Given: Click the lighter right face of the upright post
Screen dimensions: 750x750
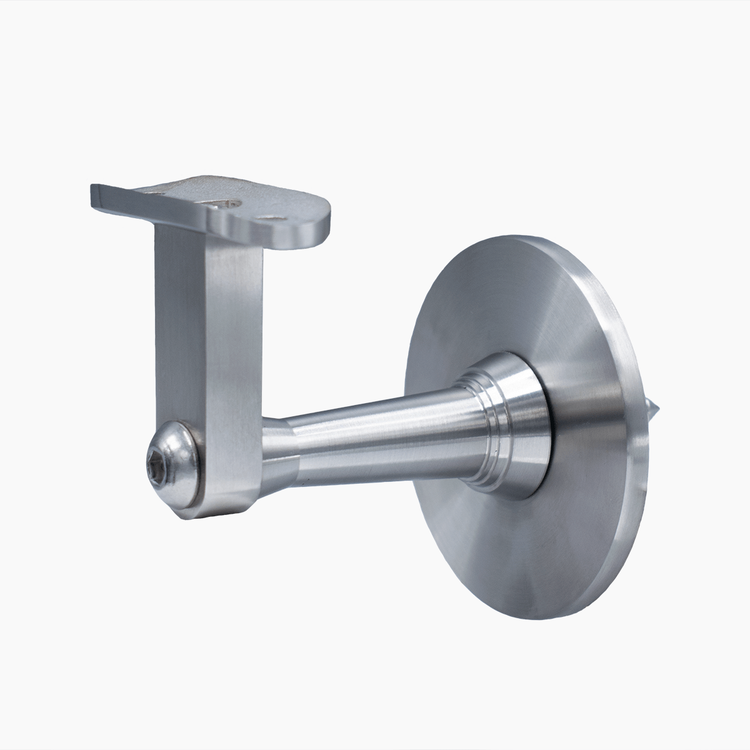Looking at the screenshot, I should point(234,350).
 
